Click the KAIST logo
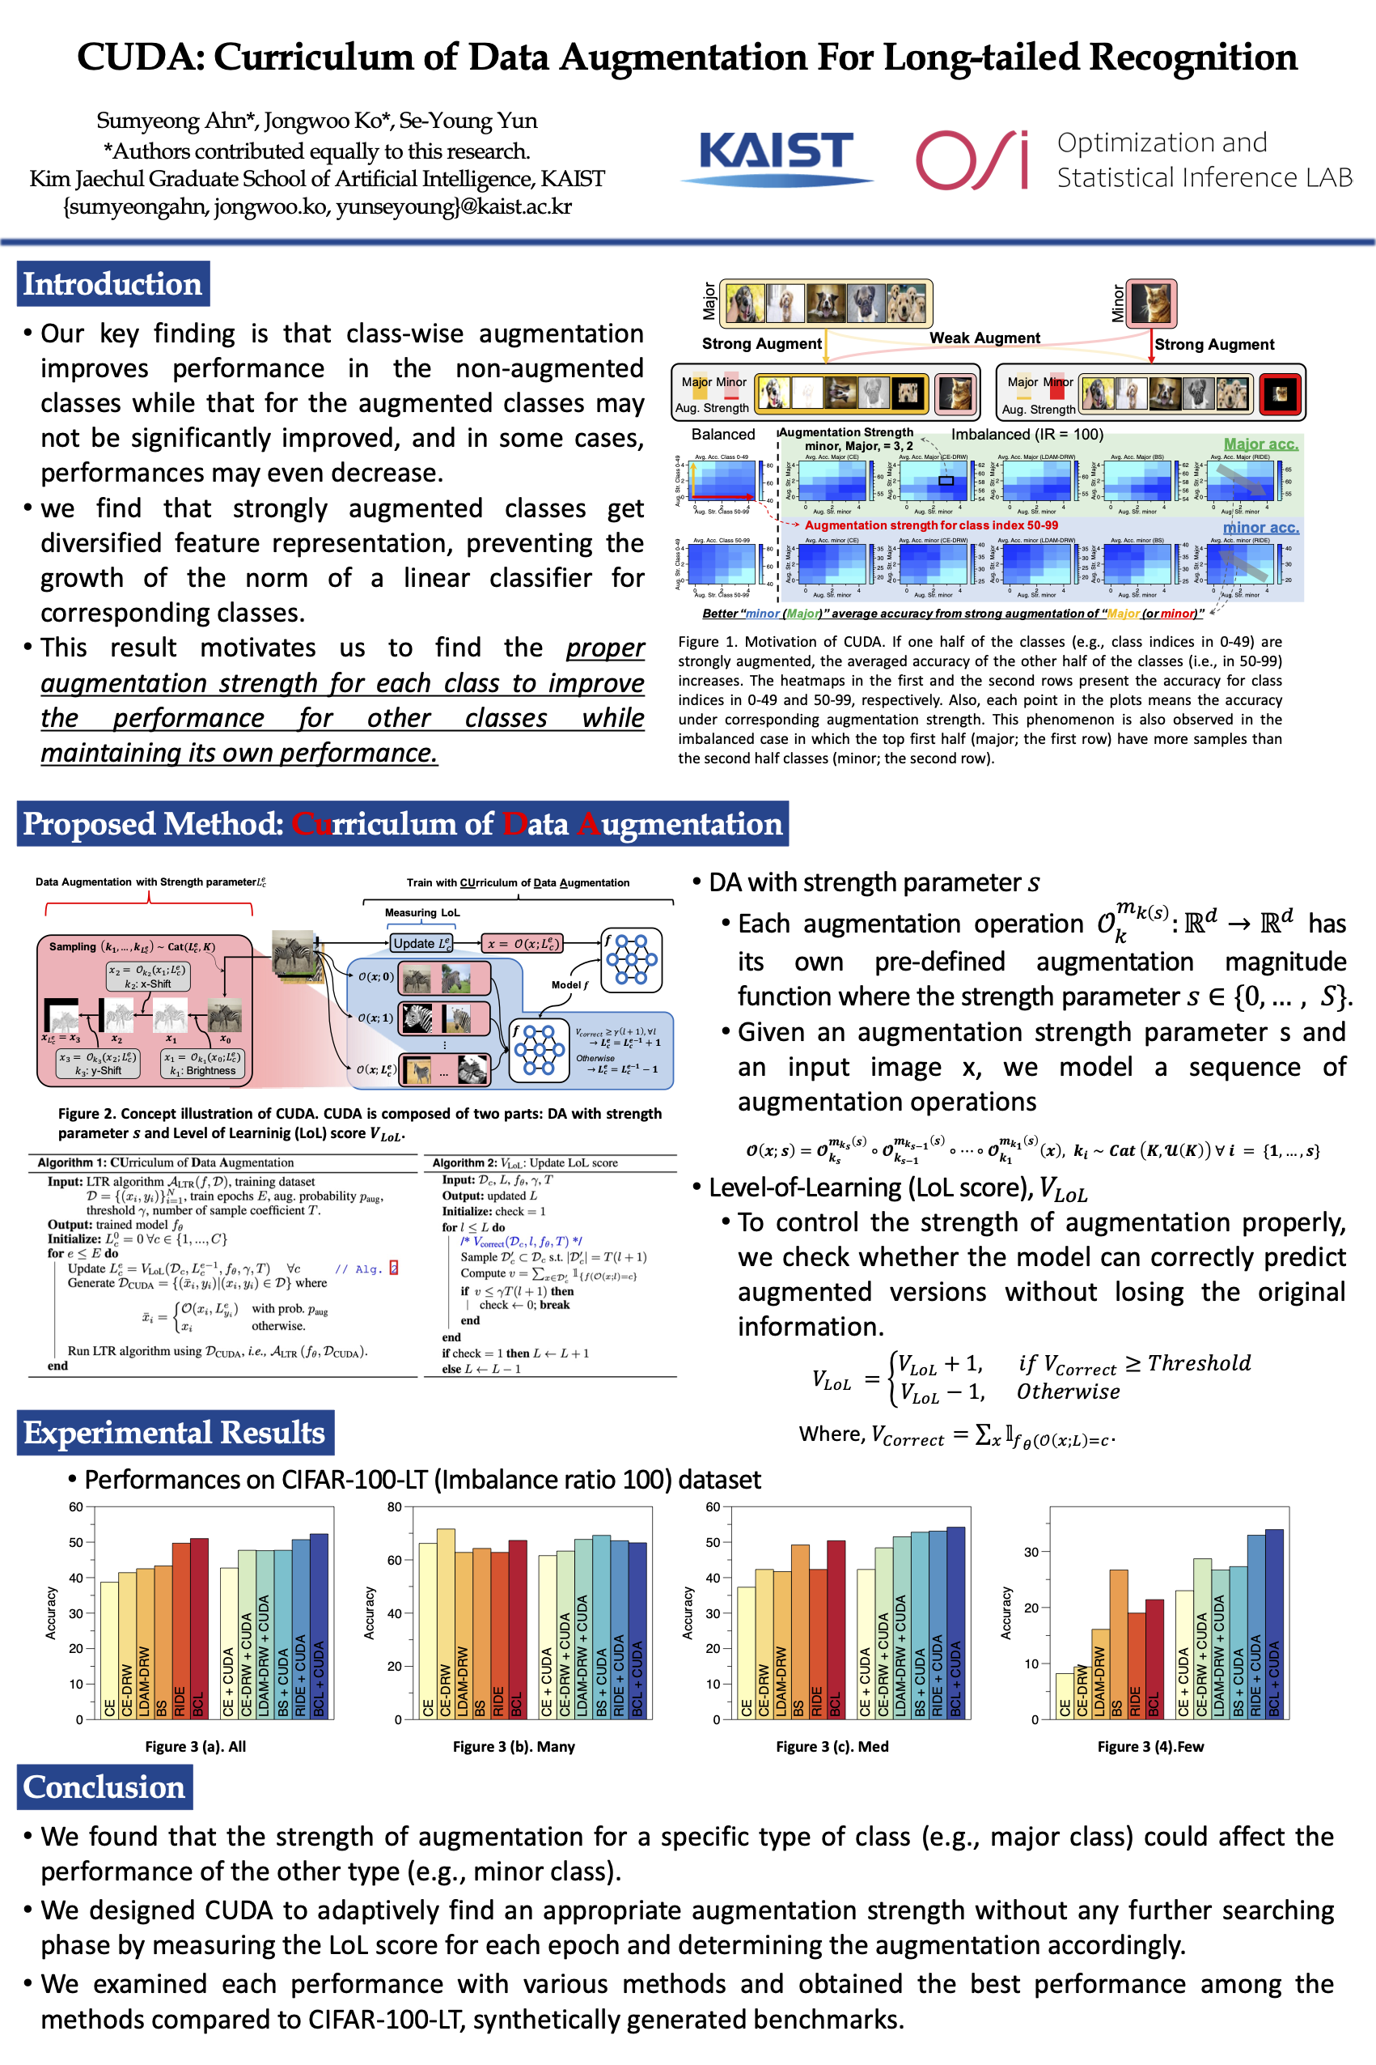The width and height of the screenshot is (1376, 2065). pos(776,155)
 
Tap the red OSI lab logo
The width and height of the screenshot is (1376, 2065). pos(972,159)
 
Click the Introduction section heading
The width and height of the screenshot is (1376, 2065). pos(112,284)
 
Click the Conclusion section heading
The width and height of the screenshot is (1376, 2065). pos(104,1787)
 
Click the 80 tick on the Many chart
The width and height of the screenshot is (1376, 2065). pos(394,1507)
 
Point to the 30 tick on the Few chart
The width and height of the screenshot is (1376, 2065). pos(1031,1552)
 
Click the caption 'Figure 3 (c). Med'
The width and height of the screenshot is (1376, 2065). pos(832,1746)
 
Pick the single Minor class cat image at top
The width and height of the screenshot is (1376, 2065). pos(1150,303)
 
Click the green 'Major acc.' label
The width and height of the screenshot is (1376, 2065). pos(1260,444)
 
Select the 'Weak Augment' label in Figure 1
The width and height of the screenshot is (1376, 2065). pos(984,338)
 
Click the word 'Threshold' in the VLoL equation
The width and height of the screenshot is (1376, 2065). pos(1199,1362)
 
